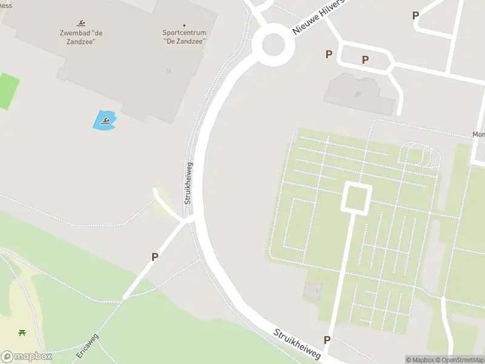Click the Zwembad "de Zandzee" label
point(81,37)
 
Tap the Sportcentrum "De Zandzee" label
point(184,37)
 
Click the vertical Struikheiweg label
point(189,182)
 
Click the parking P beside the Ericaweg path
point(155,257)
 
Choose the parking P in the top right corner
point(415,16)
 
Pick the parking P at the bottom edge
point(327,340)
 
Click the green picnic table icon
point(22,332)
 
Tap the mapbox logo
point(26,357)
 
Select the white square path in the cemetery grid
point(356,198)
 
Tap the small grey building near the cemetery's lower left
point(313,291)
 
